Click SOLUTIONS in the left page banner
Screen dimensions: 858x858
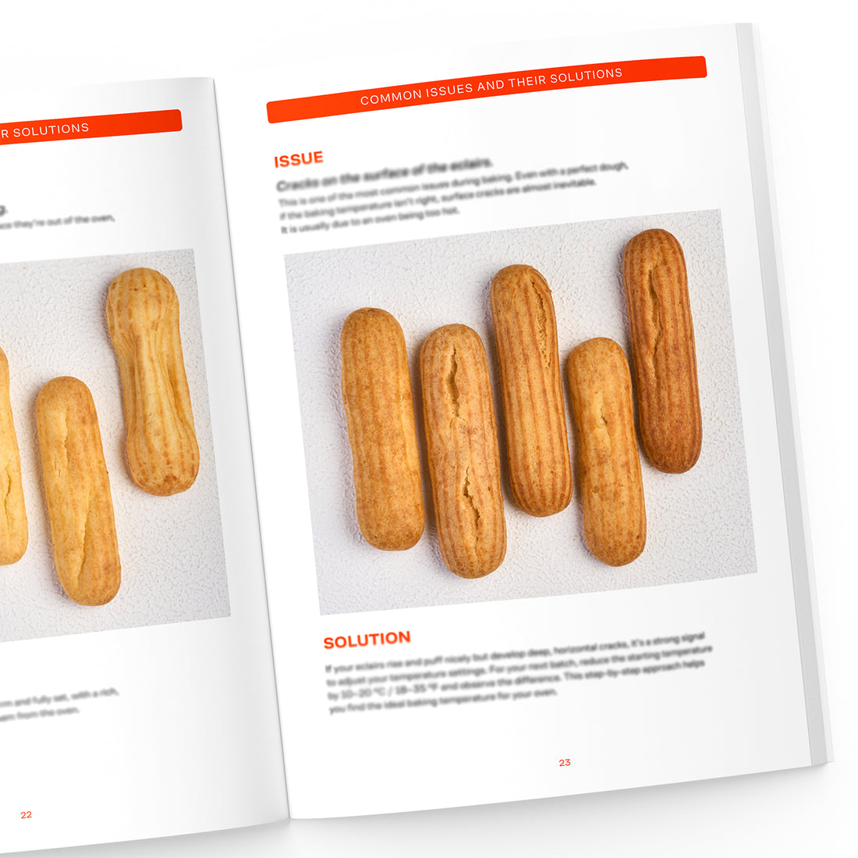pyautogui.click(x=51, y=130)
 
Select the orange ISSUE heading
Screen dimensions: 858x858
pyautogui.click(x=298, y=160)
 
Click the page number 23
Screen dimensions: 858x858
pyautogui.click(x=565, y=762)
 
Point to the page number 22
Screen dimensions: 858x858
pyautogui.click(x=27, y=814)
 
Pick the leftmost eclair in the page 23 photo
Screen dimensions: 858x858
pyautogui.click(x=382, y=429)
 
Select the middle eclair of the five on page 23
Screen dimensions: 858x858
pyautogui.click(x=530, y=390)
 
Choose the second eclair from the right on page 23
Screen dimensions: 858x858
pyautogui.click(x=606, y=451)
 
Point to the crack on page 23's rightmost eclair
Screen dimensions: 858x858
pyautogui.click(x=654, y=312)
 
